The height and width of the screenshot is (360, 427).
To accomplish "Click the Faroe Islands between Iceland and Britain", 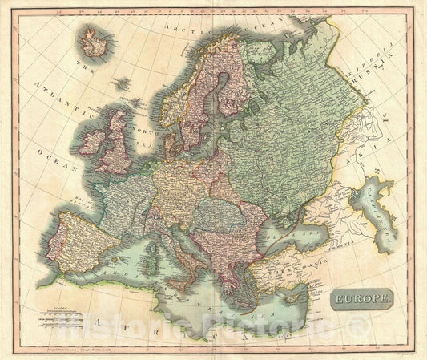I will coord(122,83).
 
